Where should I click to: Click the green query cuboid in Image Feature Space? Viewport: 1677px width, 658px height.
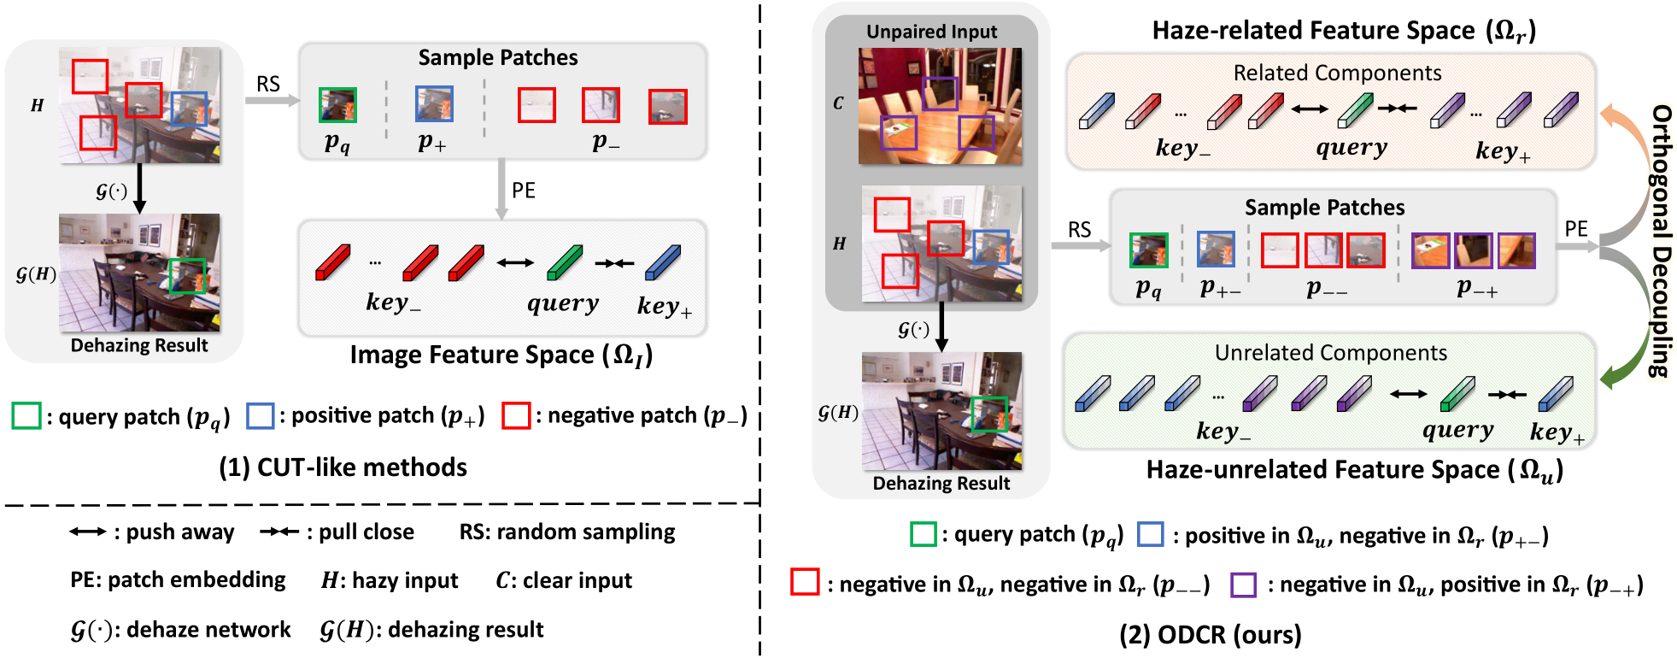[564, 263]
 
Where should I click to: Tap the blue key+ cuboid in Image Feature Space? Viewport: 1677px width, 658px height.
[663, 263]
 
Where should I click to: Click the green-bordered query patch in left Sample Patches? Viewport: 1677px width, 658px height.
[337, 105]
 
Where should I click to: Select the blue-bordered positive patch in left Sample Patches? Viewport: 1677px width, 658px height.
[434, 104]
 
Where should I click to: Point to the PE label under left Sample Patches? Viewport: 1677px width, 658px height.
[524, 191]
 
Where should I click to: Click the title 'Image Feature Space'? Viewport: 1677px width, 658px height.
[501, 355]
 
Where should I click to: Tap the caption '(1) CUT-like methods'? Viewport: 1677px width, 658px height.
[343, 467]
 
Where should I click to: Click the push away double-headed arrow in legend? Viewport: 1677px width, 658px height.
[88, 532]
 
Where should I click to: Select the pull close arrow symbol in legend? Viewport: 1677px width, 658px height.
[279, 532]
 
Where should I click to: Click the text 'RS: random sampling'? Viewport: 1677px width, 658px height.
[567, 532]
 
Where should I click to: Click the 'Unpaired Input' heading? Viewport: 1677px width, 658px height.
[931, 32]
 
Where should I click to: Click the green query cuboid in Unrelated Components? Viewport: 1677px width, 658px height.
[1457, 394]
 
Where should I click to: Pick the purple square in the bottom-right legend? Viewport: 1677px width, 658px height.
[1243, 585]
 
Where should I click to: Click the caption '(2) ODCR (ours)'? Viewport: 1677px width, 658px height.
[1210, 635]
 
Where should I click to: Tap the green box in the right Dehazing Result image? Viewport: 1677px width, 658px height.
[989, 414]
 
